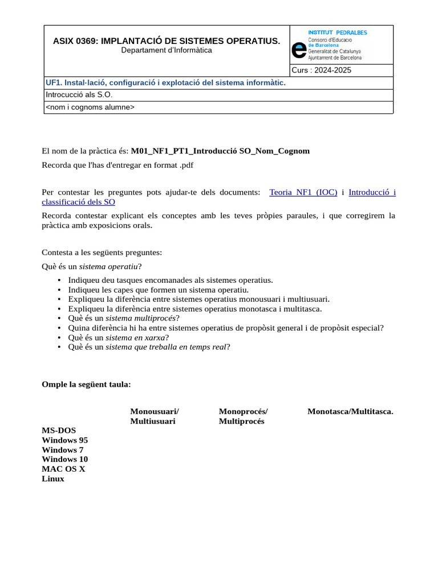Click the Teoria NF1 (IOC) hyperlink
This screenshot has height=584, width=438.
click(303, 193)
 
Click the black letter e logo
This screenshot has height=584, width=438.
click(298, 50)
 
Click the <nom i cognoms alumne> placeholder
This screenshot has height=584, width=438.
click(90, 107)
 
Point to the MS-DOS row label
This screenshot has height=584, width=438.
click(59, 431)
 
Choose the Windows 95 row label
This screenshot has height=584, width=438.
click(65, 440)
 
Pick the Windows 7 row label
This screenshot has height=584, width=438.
click(63, 450)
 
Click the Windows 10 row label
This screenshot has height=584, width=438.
click(65, 459)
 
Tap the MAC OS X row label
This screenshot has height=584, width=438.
click(63, 469)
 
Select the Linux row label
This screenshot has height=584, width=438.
click(53, 478)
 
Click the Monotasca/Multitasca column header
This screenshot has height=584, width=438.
click(350, 412)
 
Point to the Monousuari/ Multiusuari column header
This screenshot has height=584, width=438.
click(154, 416)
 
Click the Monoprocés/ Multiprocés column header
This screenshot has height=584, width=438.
click(243, 416)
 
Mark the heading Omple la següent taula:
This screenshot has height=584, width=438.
click(86, 384)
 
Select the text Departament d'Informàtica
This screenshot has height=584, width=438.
click(167, 50)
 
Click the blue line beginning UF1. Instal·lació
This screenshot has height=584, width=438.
click(165, 83)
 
